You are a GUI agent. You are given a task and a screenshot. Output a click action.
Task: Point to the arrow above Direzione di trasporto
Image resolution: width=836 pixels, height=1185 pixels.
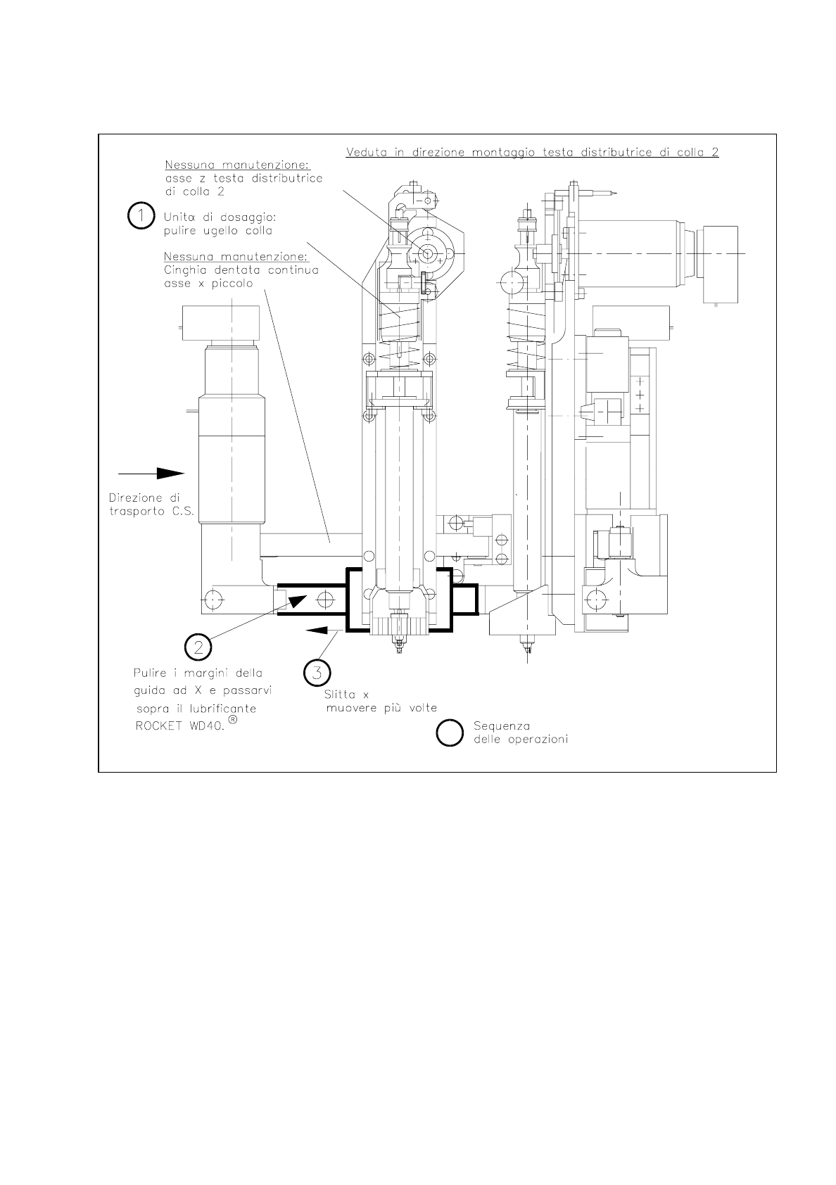(151, 473)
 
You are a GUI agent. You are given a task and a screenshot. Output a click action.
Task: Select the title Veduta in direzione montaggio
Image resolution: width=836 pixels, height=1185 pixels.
(532, 153)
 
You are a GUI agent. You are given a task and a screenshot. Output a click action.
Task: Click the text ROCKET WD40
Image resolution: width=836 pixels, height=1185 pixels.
(180, 725)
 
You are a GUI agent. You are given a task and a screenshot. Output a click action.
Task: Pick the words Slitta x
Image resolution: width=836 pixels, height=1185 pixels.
(346, 695)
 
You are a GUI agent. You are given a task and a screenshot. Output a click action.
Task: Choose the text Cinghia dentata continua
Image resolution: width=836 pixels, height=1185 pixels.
(241, 270)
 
